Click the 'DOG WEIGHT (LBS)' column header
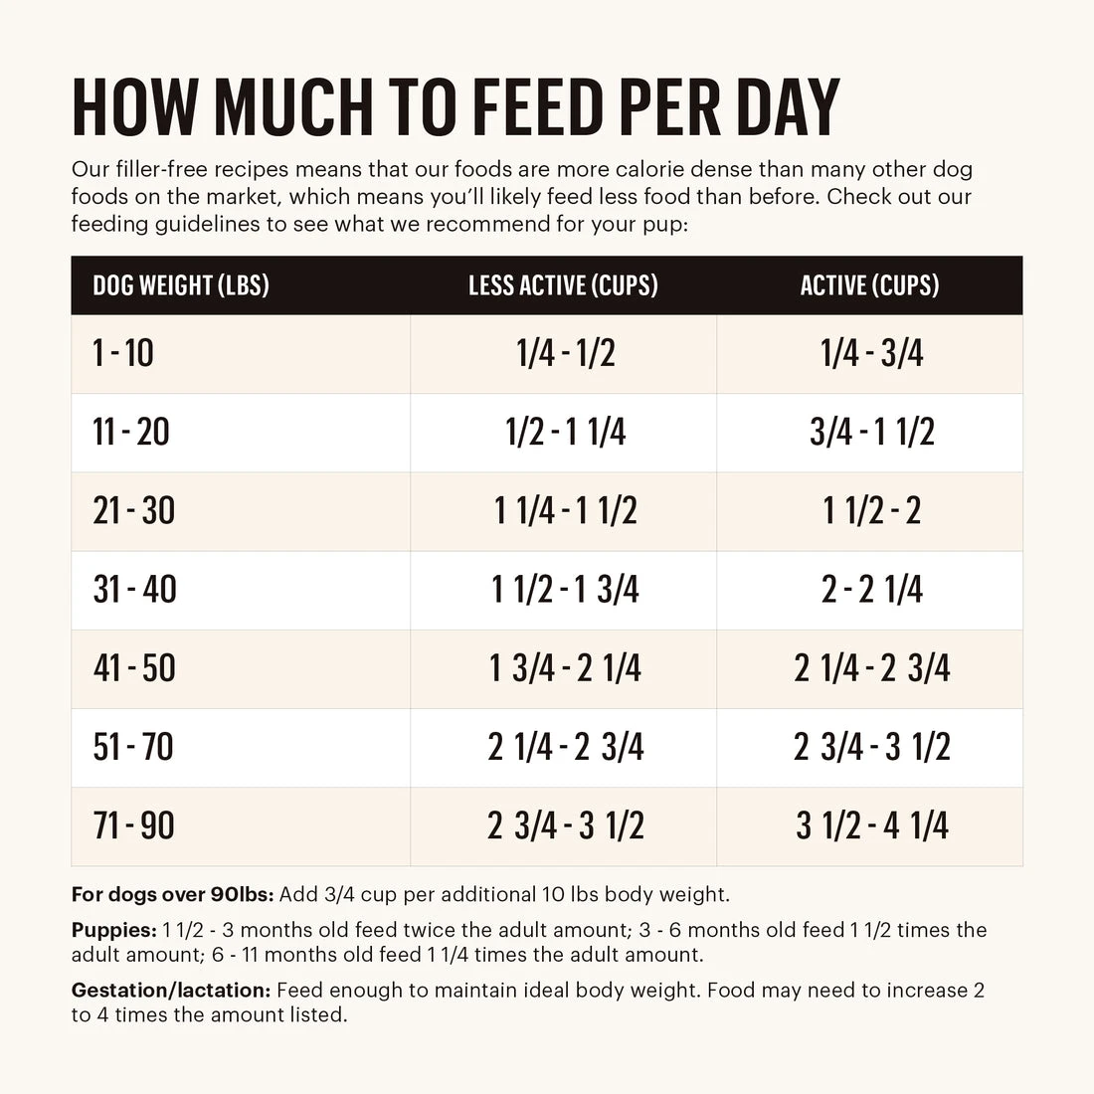[x=181, y=286]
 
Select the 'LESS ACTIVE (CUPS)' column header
[x=563, y=286]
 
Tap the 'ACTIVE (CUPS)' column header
[x=869, y=286]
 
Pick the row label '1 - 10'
[x=123, y=353]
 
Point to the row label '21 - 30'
[x=133, y=511]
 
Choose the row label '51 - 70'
[x=133, y=747]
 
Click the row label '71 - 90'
[x=133, y=825]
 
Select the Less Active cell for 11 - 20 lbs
[x=565, y=433]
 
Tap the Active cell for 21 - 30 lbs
[x=871, y=511]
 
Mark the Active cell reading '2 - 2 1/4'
[x=871, y=590]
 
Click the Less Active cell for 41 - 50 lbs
[x=565, y=668]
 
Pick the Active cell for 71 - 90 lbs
[x=871, y=825]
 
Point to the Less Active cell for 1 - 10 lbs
[x=565, y=353]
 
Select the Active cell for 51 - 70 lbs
[x=871, y=747]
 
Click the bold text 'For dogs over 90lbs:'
[x=172, y=894]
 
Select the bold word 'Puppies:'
[x=113, y=930]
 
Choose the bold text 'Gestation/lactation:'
[x=171, y=991]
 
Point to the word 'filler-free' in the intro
[x=160, y=169]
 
